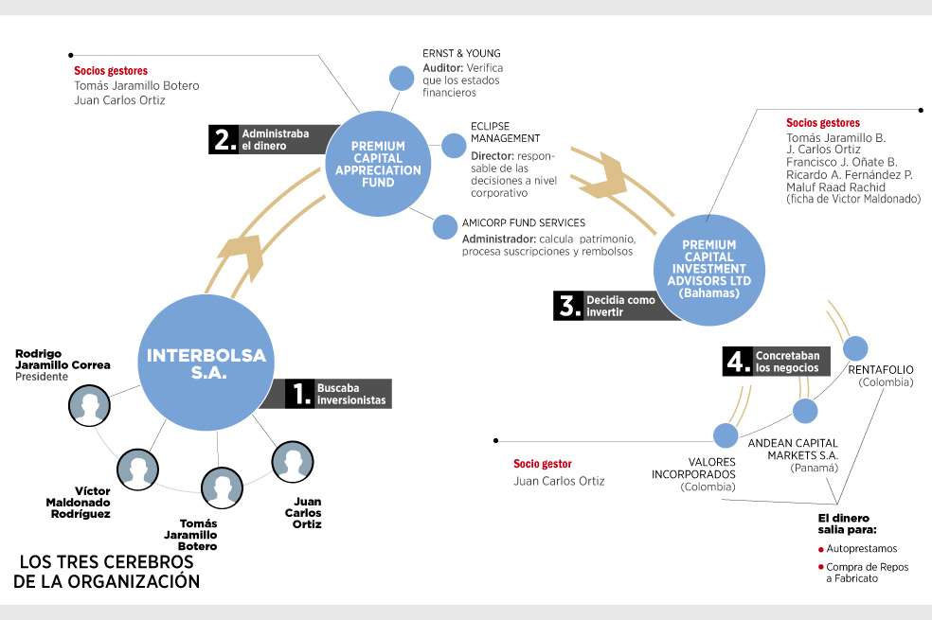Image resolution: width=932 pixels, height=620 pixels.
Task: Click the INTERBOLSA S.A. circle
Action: [206, 363]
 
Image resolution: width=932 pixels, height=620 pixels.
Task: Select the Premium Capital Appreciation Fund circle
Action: [378, 164]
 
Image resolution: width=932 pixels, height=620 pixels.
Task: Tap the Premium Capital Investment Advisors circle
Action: [709, 269]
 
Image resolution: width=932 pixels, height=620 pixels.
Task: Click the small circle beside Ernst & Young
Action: [402, 79]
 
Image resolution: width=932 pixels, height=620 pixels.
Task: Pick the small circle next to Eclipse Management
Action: [454, 146]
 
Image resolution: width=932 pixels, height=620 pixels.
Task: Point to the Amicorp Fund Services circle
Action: [445, 227]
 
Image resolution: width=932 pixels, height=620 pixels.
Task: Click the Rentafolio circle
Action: [855, 348]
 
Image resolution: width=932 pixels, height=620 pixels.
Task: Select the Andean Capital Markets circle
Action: [805, 411]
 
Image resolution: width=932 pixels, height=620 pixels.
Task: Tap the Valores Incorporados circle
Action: [726, 435]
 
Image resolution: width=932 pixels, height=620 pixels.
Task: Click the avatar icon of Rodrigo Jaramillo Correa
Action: [89, 406]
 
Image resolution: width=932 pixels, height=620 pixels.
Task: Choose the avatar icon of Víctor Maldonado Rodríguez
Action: [138, 469]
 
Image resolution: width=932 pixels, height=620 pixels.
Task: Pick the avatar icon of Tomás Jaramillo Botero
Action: [222, 487]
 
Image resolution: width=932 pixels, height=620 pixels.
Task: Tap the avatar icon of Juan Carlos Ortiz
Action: [293, 461]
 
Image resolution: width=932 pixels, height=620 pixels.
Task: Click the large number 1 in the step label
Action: [302, 394]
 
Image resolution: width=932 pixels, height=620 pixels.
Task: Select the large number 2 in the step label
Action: [225, 139]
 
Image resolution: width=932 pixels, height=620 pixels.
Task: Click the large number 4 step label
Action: [738, 362]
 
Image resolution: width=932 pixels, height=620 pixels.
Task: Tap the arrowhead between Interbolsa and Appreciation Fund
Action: [242, 257]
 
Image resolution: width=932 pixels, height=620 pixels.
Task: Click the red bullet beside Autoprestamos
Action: [821, 549]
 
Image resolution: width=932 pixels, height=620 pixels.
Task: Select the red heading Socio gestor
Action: [543, 464]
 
